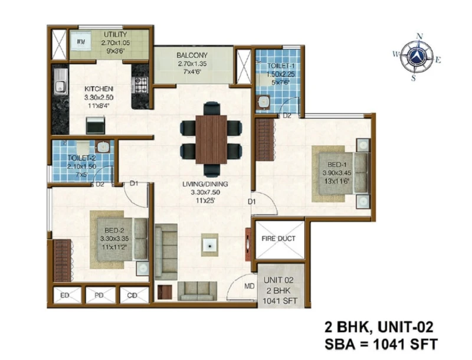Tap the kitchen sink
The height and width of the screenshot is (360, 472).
coord(61,82)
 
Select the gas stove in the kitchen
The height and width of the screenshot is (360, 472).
coord(141,84)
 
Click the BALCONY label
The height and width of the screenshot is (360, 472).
coord(192,55)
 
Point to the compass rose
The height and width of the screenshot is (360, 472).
coord(417,57)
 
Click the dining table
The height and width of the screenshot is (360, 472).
coord(211,139)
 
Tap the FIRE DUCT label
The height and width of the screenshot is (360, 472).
coord(278,238)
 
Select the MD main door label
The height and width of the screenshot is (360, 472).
coord(249,286)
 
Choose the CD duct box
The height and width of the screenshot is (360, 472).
coord(135,295)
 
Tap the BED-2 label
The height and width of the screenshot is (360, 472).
coord(114,231)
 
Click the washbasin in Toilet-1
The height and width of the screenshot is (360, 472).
coord(264,102)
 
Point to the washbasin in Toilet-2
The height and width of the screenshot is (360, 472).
coord(103,147)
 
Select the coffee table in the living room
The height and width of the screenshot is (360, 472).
coord(210,245)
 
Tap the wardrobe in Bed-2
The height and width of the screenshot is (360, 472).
coord(63,260)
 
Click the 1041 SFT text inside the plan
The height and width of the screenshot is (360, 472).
coord(280,301)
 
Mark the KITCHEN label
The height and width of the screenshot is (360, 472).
coord(99,89)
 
